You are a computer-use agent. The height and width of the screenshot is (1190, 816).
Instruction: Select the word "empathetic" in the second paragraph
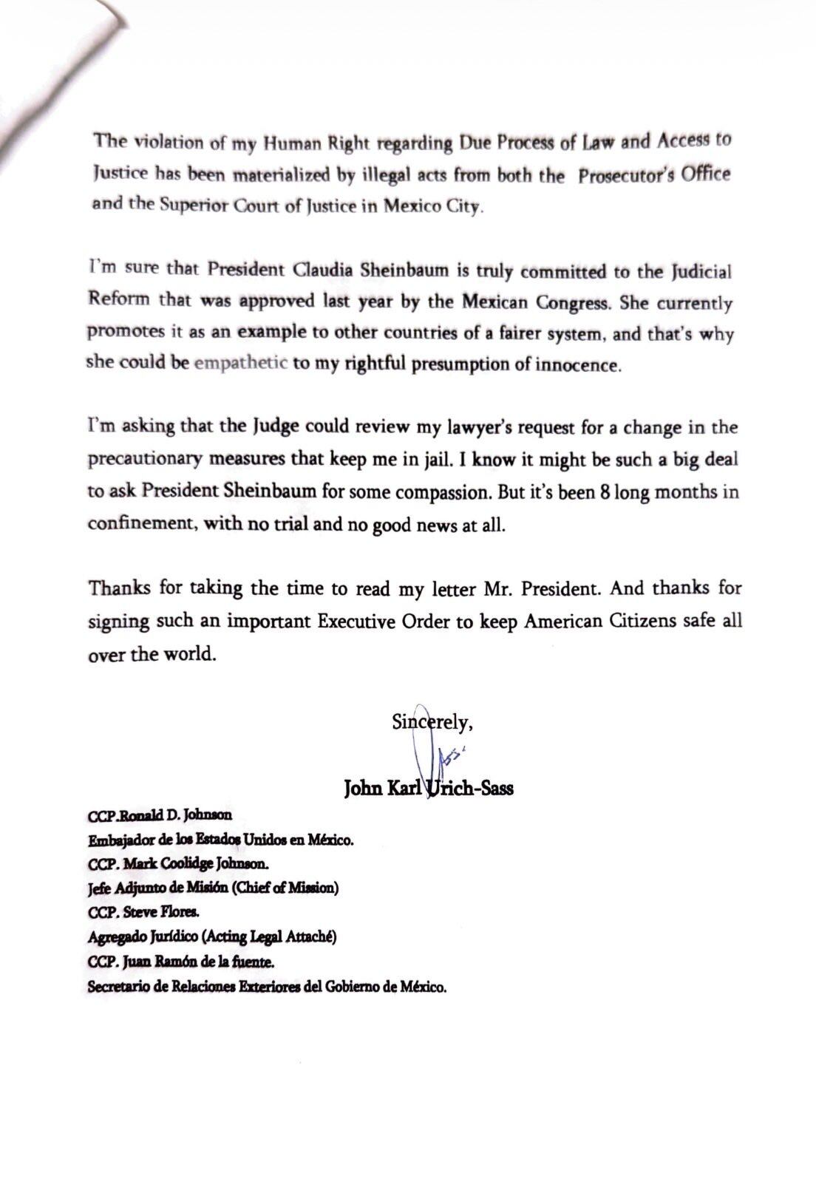click(241, 364)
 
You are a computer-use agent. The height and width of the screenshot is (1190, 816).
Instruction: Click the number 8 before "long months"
click(605, 492)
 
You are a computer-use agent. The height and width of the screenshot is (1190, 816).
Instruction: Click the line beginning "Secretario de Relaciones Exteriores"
click(267, 987)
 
